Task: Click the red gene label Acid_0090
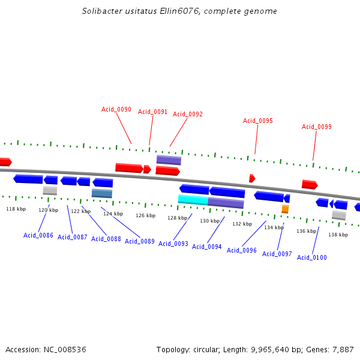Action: tap(116, 109)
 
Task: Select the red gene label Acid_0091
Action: tap(153, 112)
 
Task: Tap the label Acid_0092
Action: tap(188, 114)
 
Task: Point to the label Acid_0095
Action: tap(258, 121)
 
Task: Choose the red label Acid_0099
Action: tap(317, 127)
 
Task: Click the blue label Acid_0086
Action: tap(38, 235)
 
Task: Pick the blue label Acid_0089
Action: tap(140, 241)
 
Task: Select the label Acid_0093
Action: tap(173, 244)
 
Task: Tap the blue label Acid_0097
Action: tap(277, 254)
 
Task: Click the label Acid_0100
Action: tap(312, 257)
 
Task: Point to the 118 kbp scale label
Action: tap(16, 209)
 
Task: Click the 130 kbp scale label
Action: tap(210, 221)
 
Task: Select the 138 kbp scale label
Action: tap(338, 235)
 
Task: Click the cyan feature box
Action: tap(193, 200)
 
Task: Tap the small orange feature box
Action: tap(285, 209)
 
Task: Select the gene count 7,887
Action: tap(343, 349)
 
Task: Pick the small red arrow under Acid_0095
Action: tap(252, 178)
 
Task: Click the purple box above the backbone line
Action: tap(169, 160)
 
